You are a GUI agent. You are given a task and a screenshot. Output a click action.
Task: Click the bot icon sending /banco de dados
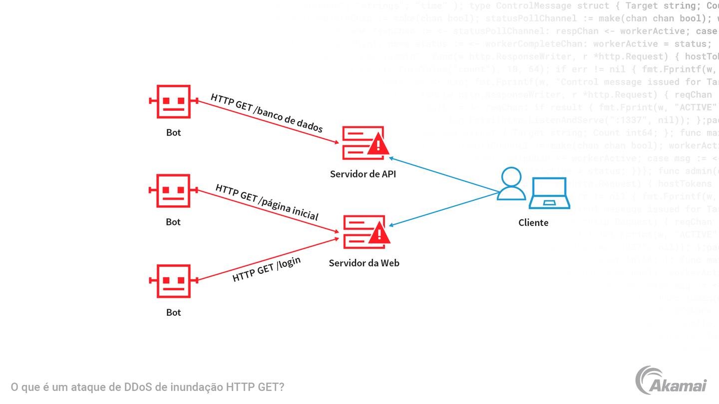click(x=173, y=101)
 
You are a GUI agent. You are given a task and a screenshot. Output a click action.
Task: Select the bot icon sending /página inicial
click(x=173, y=191)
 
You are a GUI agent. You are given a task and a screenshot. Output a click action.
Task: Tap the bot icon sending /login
click(x=173, y=281)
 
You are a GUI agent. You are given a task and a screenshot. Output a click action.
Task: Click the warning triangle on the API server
click(x=378, y=145)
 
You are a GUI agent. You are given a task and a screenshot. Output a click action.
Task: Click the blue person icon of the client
click(x=511, y=184)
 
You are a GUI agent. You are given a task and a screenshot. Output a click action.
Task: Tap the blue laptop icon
click(x=549, y=193)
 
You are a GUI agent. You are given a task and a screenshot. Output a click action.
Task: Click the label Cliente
click(x=533, y=223)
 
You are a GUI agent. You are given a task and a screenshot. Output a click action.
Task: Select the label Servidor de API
click(x=363, y=174)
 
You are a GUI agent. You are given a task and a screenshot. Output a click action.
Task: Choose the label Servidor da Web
click(x=364, y=263)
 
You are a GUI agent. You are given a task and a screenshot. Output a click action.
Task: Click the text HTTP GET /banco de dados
click(x=266, y=113)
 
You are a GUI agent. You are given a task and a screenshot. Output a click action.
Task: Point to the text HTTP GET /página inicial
click(x=267, y=202)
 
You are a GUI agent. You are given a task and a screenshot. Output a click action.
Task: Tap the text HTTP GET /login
click(x=267, y=270)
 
